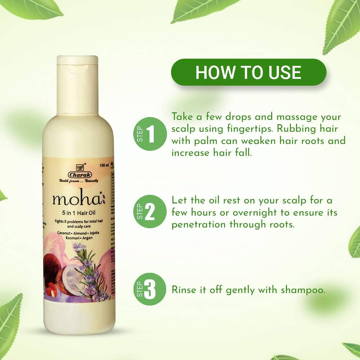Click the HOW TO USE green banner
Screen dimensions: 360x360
(248, 72)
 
